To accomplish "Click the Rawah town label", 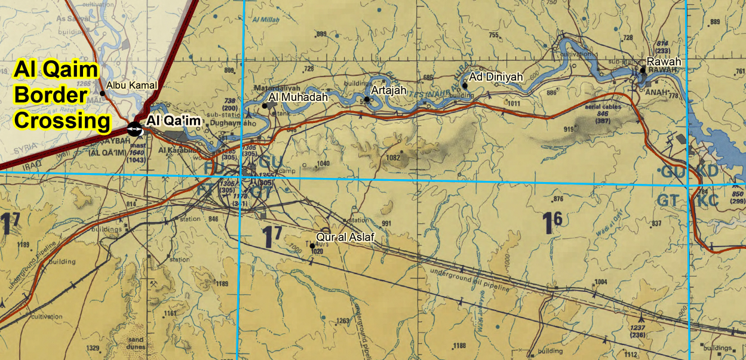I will point(664,61).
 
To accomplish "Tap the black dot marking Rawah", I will point(643,70).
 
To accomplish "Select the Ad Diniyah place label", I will point(496,77).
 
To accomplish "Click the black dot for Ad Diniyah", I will point(465,85).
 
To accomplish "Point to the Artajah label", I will point(389,90).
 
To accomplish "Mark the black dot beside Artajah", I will point(367,99).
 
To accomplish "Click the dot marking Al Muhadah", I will point(265,106).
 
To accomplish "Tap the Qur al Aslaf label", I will point(345,237).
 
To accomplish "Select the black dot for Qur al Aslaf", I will point(312,246).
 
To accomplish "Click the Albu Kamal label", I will point(131,86).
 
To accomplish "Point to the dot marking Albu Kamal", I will point(102,93).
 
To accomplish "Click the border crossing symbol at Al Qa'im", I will point(136,128).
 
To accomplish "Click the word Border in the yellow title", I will point(52,96).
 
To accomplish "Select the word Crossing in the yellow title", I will point(63,121).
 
